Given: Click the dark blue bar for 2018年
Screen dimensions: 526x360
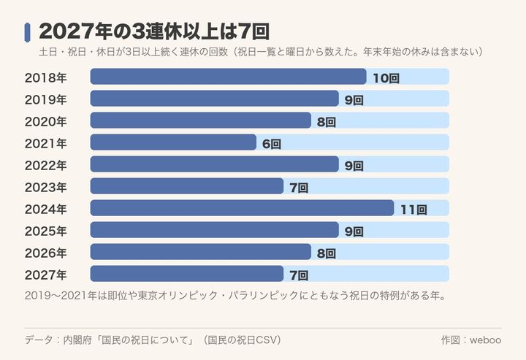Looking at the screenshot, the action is [228, 77].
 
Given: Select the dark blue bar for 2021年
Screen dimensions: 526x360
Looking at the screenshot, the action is [173, 142].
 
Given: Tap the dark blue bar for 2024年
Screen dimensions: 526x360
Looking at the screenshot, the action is [242, 208].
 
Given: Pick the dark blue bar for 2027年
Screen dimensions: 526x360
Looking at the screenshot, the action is [187, 274].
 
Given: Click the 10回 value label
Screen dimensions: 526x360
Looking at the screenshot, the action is [386, 78].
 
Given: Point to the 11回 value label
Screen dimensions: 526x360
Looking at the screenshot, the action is [413, 210].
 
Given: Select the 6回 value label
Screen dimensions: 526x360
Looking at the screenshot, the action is [271, 144].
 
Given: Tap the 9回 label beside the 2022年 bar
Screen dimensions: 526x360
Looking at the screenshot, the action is [354, 166].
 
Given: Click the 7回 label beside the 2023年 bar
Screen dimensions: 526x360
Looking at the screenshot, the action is [299, 188].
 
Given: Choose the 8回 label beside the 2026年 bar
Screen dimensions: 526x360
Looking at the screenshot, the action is [327, 253].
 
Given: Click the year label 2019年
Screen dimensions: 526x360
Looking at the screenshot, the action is [45, 99].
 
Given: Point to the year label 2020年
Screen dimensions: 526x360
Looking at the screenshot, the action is [45, 121].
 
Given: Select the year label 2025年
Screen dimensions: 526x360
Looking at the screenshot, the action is [45, 231].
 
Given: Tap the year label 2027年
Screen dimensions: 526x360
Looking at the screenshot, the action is [45, 275].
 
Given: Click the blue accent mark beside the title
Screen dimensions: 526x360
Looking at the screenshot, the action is [27, 32].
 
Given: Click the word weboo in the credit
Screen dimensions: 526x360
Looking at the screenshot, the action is [485, 340].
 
